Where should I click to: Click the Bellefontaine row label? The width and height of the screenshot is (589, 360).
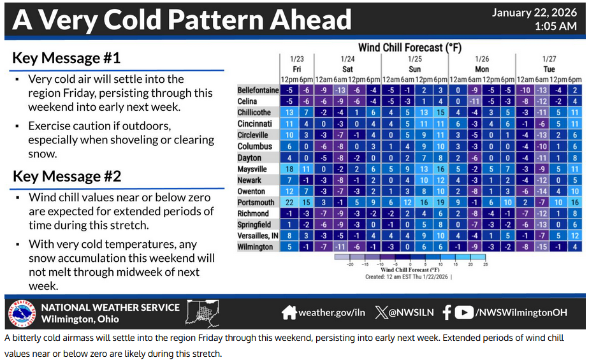[x=258, y=90]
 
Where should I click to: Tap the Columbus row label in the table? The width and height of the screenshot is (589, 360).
[x=254, y=146]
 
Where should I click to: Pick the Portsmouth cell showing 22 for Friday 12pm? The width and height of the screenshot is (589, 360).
[x=289, y=202]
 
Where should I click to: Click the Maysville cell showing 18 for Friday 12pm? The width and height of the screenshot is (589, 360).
[x=289, y=169]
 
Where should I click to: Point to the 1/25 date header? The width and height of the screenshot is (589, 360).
[x=414, y=58]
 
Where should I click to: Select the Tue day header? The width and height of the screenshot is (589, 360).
[x=549, y=69]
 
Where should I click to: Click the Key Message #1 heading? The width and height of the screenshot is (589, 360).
[x=67, y=59]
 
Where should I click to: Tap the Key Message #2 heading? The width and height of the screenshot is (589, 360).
[x=67, y=176]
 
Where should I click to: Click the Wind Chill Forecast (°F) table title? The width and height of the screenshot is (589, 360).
[x=409, y=48]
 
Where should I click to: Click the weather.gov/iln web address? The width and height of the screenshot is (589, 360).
[x=331, y=313]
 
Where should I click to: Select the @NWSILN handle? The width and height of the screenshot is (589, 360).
[x=410, y=313]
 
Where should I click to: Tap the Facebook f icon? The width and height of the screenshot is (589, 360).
[x=446, y=312]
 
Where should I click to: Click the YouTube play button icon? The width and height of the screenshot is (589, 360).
[x=464, y=312]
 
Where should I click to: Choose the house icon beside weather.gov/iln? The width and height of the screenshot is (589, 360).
[x=289, y=312]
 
